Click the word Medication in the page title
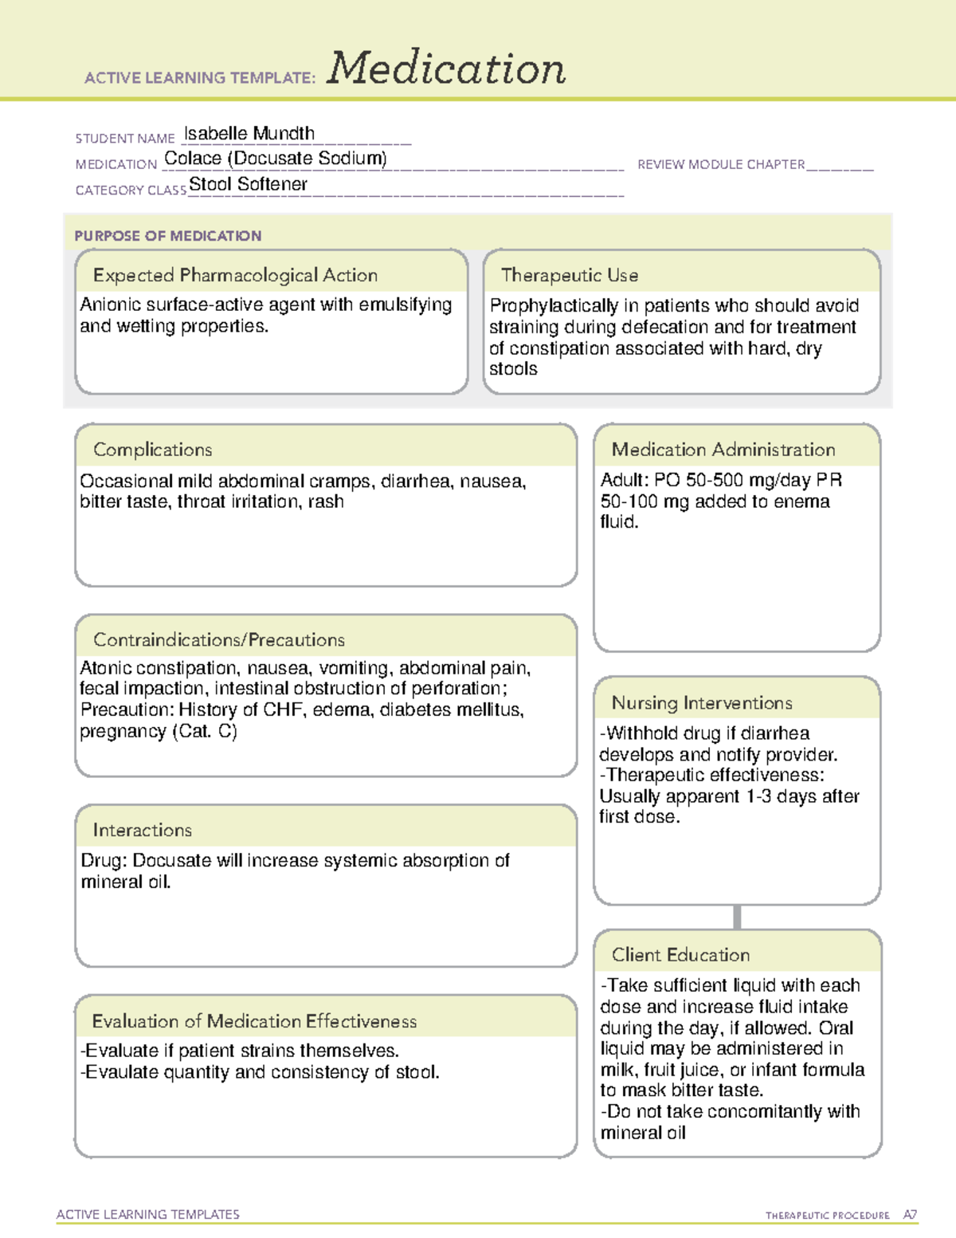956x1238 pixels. (446, 69)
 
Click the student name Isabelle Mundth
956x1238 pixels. (249, 133)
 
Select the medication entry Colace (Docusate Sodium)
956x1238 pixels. (276, 159)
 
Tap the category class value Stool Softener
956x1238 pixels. (248, 184)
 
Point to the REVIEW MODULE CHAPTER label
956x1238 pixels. (721, 164)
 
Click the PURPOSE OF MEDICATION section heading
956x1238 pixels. (168, 236)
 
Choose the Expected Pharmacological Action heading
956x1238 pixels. (235, 275)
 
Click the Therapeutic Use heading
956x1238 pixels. (570, 275)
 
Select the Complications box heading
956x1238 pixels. (153, 450)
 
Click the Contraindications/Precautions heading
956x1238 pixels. (219, 640)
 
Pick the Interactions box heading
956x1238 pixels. (143, 831)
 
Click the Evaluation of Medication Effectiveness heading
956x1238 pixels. (254, 1021)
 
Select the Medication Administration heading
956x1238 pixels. (723, 450)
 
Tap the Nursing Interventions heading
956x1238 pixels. (702, 703)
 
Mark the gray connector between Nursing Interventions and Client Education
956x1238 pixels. (737, 917)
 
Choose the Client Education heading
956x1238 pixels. (680, 955)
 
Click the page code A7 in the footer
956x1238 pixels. (910, 1215)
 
